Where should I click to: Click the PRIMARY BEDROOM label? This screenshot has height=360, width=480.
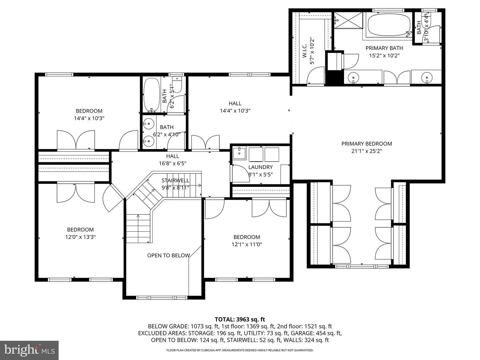(x=366, y=144)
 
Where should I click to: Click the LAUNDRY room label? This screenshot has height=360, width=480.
(x=260, y=167)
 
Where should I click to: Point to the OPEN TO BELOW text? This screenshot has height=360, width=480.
(x=168, y=255)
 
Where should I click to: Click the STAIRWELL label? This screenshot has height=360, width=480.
(x=175, y=180)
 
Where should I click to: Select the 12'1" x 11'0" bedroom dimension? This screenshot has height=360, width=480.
(x=247, y=244)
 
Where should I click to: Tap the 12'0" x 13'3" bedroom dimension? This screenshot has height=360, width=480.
(x=80, y=237)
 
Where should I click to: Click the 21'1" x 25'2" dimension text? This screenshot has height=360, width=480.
(x=366, y=151)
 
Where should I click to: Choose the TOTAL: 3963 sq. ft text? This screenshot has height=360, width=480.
(x=240, y=319)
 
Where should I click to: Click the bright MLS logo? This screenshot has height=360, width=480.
(x=29, y=350)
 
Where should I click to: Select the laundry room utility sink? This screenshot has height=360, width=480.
(x=239, y=153)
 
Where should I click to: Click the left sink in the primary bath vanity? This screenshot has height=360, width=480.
(x=353, y=78)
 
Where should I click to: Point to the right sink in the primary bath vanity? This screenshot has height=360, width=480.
(x=427, y=78)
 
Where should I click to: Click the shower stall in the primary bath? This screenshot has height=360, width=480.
(x=348, y=21)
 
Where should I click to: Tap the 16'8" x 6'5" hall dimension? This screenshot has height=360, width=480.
(x=172, y=163)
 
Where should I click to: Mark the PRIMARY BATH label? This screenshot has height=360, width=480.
(x=384, y=48)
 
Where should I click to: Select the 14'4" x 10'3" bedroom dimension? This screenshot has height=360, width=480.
(x=89, y=118)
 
